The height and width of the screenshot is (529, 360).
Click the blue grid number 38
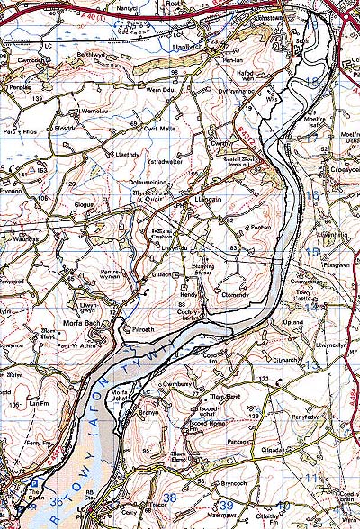tap(168, 496)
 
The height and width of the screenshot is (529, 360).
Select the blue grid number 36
tap(58, 501)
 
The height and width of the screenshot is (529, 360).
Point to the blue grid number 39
tap(227, 506)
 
